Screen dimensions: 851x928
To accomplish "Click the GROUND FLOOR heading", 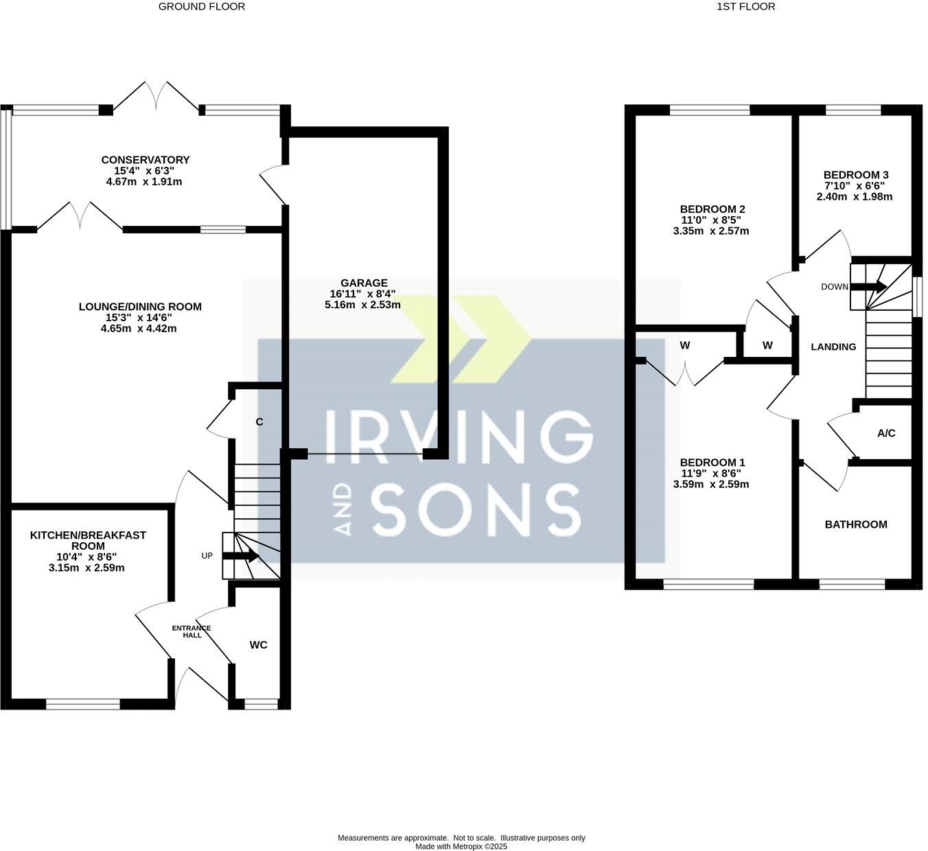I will [x=201, y=7].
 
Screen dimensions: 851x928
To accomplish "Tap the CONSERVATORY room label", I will [x=145, y=160].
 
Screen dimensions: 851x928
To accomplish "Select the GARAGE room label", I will [x=364, y=283].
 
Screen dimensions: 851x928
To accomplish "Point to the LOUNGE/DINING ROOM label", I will [x=140, y=307].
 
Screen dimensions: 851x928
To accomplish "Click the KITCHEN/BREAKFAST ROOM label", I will [x=88, y=541].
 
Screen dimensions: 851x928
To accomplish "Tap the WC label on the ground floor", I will [x=258, y=645].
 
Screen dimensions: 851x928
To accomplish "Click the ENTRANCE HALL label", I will [x=192, y=632].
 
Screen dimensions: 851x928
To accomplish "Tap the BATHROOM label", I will [x=855, y=524].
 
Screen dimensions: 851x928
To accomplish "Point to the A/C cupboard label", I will [x=886, y=434].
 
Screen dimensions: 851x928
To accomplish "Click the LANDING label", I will [x=833, y=347].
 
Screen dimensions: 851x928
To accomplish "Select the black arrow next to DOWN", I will [x=869, y=287].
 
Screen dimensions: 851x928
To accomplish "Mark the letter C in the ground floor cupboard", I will [x=259, y=422].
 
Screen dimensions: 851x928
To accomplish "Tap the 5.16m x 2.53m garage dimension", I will [x=362, y=305].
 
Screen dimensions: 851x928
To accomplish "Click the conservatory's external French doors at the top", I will [x=156, y=96].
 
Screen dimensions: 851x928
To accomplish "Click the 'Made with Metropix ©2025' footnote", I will [x=461, y=847].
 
